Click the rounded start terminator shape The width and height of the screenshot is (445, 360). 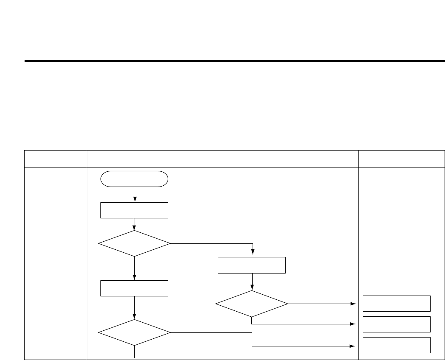tap(134, 179)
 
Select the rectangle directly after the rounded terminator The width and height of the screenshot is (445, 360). tap(134, 210)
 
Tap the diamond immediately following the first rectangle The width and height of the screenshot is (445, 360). tap(134, 243)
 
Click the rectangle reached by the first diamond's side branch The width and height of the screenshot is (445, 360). tap(252, 265)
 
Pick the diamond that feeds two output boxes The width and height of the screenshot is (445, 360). tap(252, 304)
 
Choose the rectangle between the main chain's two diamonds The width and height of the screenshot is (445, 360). tap(134, 288)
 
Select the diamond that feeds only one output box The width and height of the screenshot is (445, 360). tap(134, 332)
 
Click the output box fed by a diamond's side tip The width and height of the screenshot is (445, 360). tap(397, 304)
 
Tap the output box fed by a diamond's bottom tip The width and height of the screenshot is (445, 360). tap(397, 324)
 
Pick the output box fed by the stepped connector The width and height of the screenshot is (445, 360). tap(397, 345)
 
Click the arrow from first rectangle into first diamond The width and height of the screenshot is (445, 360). tap(134, 224)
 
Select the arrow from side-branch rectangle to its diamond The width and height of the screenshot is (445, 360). tap(252, 282)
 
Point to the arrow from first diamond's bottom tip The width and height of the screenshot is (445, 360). tap(134, 268)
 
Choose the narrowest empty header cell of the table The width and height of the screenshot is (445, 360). tap(56, 158)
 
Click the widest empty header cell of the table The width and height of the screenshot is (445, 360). tap(222, 158)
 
